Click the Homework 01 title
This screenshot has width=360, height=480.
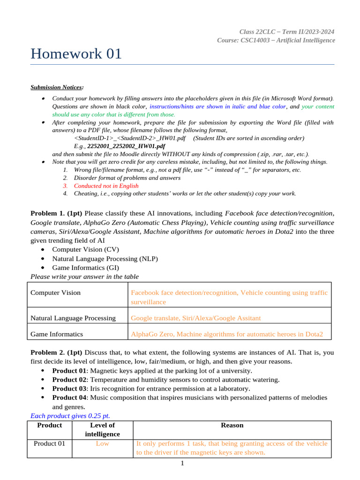(76, 54)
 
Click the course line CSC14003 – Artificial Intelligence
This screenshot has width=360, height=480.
(276, 40)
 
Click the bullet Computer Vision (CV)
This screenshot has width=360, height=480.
(85, 249)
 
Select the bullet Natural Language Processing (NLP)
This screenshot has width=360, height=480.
(105, 258)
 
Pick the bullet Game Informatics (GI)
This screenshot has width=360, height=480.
(85, 268)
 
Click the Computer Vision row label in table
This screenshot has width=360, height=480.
(55, 292)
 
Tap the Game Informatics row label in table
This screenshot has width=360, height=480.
(57, 334)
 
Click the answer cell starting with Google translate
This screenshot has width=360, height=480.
(195, 318)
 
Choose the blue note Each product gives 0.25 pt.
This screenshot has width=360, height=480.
(70, 416)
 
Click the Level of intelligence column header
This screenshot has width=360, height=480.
(102, 429)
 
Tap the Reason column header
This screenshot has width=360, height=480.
(232, 425)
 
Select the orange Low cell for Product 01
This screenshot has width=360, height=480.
(102, 443)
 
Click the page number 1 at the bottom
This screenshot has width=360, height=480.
(182, 464)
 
